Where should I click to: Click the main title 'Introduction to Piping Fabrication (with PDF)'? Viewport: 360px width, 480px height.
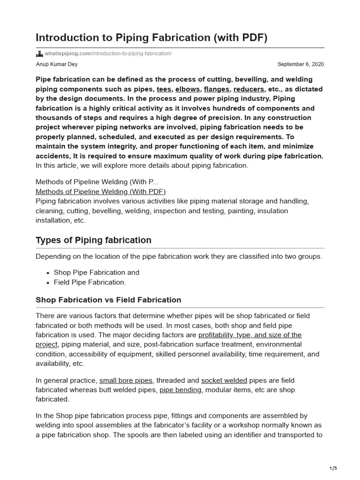coord(151,37)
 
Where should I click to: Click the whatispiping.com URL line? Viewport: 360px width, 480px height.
coord(108,54)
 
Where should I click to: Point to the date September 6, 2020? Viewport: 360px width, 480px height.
coord(300,64)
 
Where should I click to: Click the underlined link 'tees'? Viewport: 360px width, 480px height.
coord(164,89)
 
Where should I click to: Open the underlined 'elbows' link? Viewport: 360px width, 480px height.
coord(187,89)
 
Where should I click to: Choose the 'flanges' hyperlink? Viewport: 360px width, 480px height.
coord(217,89)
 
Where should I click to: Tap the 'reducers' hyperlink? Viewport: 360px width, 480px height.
coord(249,89)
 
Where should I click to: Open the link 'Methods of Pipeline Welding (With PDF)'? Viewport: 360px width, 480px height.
coord(101,191)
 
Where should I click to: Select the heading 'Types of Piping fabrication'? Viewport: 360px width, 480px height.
coord(93,240)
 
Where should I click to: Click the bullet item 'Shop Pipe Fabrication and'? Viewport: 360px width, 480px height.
coord(97,272)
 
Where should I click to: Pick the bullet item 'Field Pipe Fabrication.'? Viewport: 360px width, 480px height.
coord(90,282)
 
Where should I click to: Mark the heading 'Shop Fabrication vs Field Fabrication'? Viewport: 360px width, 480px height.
coord(108,300)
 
